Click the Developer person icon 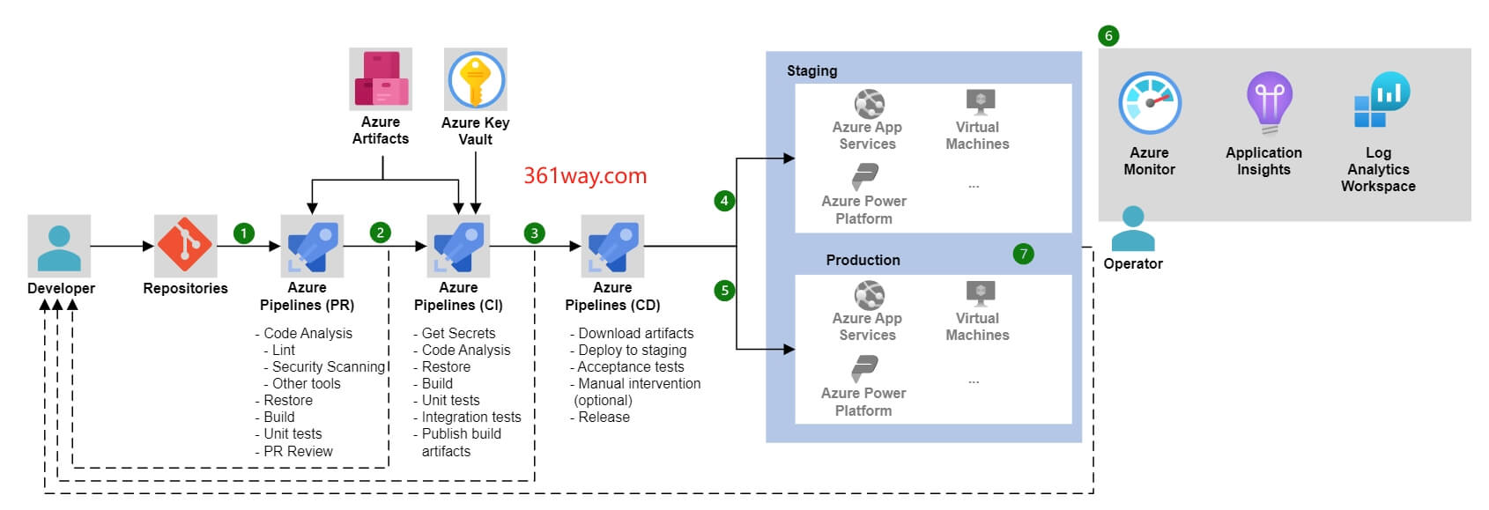(59, 247)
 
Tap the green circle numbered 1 (244, 233)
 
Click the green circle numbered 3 (534, 233)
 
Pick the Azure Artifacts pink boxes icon (381, 79)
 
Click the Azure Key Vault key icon (476, 79)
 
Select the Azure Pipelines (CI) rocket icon (458, 247)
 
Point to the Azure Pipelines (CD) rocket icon (612, 247)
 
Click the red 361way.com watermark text (585, 176)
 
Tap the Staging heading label (811, 70)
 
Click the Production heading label (863, 260)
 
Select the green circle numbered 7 (1023, 255)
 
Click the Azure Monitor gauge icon (1149, 103)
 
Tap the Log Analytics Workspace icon (1382, 100)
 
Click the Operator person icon (1133, 229)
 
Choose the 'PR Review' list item (298, 451)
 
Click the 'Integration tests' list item (470, 417)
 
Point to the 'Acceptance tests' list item (631, 366)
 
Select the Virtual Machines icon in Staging (980, 101)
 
